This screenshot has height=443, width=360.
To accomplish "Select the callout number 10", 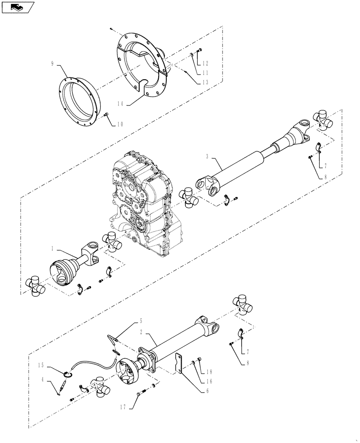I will [x=120, y=124].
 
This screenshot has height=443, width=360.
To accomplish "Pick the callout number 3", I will [x=207, y=156].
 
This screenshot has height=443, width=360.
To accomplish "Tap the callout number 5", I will [x=141, y=320].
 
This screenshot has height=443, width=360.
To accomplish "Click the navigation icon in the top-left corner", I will [x=17, y=7].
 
